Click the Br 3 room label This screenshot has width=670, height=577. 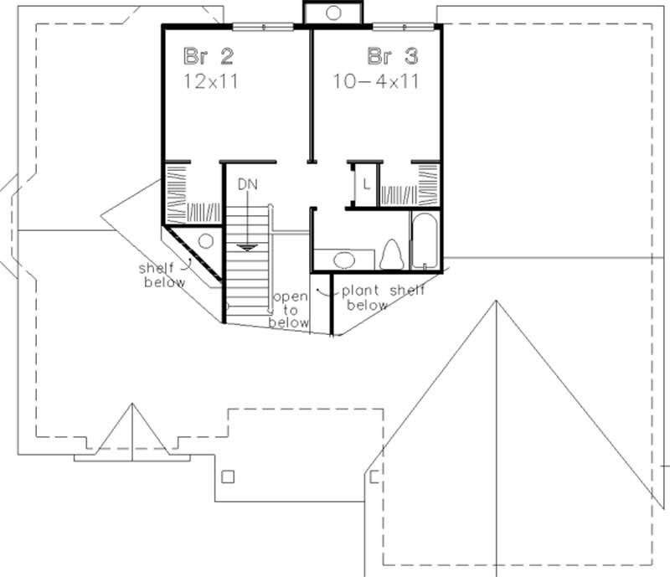point(391,57)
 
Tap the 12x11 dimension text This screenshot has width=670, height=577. point(206,81)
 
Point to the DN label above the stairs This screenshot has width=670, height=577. point(246,183)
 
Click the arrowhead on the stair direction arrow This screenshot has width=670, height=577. point(246,247)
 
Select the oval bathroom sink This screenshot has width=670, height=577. point(345,259)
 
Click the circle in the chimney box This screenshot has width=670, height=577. point(332,13)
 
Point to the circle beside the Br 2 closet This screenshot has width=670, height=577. point(205,241)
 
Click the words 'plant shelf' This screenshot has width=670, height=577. point(382,291)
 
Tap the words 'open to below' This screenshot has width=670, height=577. point(290,310)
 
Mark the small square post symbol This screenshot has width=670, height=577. point(229,477)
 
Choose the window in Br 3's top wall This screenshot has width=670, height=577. point(405,27)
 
